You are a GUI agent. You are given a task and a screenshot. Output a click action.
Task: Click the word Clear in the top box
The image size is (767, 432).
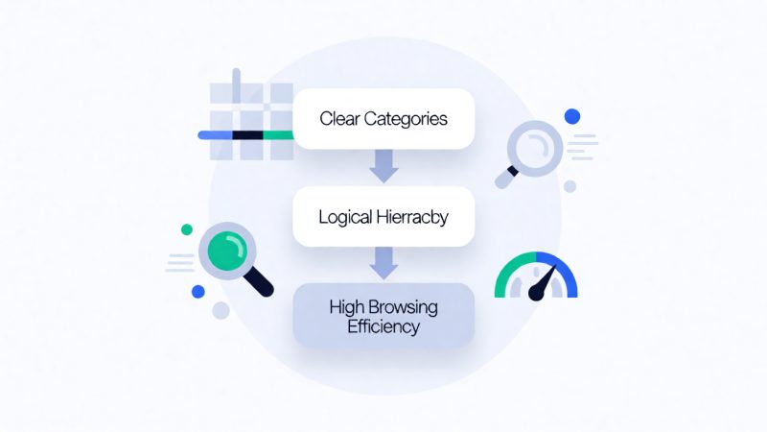[339, 118]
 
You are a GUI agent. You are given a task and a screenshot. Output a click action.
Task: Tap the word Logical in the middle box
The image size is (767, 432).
[345, 218]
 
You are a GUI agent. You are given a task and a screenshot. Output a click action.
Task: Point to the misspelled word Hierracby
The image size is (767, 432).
[412, 218]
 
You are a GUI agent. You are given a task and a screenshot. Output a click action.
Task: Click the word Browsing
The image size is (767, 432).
[404, 308]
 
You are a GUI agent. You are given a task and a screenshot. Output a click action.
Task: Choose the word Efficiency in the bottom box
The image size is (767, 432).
[383, 326]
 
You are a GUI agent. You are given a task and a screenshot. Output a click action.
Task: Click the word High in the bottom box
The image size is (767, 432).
[347, 308]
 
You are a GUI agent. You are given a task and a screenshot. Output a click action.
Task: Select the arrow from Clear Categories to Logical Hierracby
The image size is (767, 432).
[383, 166]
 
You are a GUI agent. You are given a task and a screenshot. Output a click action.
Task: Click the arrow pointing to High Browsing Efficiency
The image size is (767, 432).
[383, 263]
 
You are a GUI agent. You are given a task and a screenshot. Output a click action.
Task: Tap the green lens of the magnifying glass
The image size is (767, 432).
[227, 252]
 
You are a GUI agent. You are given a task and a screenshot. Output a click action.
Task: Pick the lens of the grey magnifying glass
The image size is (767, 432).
[535, 149]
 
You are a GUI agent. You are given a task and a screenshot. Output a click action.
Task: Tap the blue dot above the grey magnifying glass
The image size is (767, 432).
[572, 116]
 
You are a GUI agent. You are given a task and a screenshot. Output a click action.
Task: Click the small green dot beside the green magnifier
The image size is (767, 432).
[187, 229]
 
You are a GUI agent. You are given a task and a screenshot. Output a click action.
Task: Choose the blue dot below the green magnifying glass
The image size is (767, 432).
[198, 292]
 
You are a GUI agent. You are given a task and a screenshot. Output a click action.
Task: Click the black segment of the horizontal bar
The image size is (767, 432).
[247, 135]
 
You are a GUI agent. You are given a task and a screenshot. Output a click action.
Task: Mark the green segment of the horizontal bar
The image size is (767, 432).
[278, 135]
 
